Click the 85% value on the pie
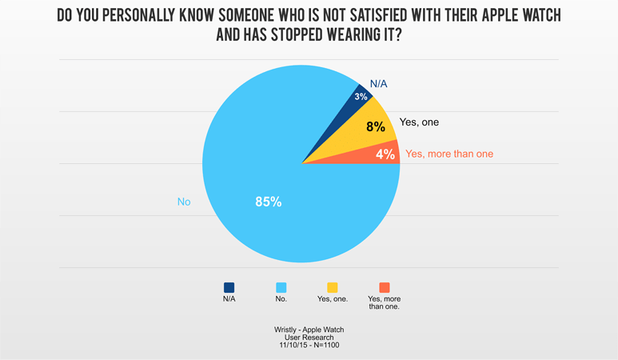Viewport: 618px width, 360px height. [x=268, y=202]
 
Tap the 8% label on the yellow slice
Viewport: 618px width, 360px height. [x=376, y=126]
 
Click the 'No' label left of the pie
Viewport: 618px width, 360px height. [x=184, y=202]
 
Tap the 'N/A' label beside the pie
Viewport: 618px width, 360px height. [x=379, y=83]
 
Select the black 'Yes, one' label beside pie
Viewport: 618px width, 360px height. [x=419, y=122]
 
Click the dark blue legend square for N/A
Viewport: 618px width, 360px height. [x=229, y=287]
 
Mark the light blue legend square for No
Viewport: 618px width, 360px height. [x=281, y=287]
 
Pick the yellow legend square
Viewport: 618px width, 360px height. [x=333, y=287]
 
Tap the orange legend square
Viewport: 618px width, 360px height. [x=385, y=287]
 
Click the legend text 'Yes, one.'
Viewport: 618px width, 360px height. [x=333, y=299]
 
